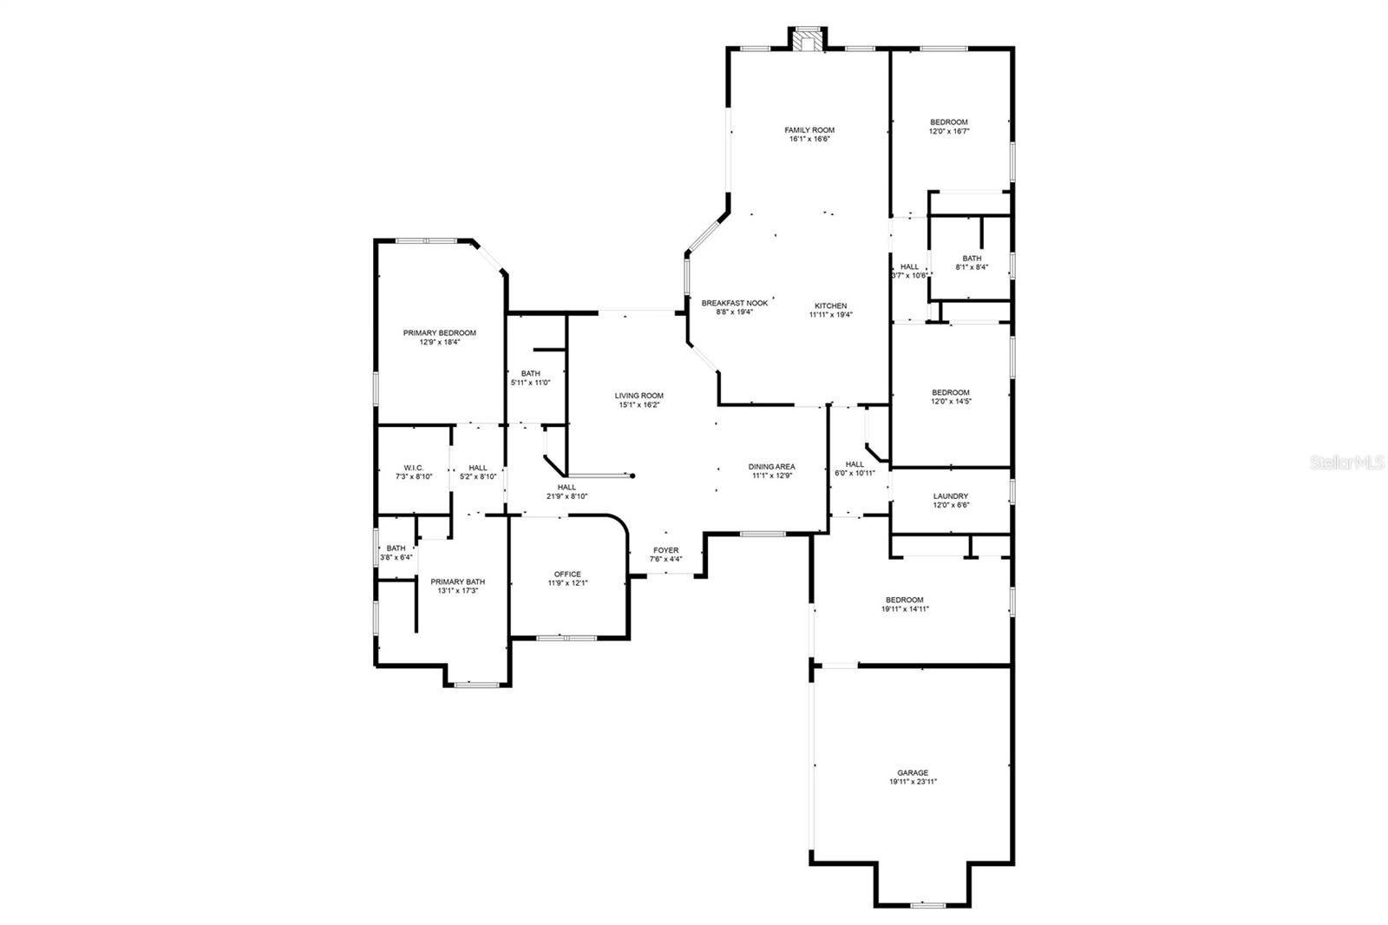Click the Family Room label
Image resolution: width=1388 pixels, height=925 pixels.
809,130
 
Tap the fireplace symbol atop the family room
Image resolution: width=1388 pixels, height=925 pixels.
808,39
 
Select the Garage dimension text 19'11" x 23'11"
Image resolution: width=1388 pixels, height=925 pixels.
913,782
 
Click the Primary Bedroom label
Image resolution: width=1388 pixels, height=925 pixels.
439,333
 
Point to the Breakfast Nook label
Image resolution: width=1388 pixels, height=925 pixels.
734,303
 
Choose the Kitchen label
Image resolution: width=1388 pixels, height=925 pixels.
830,305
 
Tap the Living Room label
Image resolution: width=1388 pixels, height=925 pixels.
638,396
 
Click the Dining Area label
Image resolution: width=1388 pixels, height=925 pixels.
771,467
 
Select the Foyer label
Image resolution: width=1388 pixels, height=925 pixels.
665,550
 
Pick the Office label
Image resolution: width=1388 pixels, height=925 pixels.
567,574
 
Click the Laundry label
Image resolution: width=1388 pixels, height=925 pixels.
951,496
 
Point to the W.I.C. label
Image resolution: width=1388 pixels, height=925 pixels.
413,468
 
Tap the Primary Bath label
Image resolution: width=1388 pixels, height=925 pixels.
457,581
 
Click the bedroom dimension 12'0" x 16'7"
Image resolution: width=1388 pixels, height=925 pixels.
949,131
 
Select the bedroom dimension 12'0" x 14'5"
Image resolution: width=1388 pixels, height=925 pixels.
951,401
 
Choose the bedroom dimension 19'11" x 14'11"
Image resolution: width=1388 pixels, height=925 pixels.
905,609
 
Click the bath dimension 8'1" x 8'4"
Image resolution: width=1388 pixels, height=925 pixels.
972,267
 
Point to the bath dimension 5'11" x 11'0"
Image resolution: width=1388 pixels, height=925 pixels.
530,383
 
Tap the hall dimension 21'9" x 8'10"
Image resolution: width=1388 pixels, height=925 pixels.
566,496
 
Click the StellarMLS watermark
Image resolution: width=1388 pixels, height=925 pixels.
1347,462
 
